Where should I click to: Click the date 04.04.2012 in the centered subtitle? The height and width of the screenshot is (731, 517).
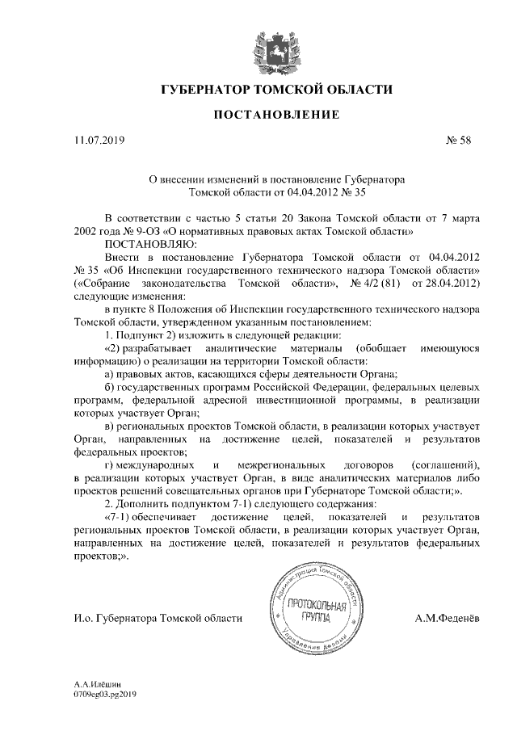[302, 194]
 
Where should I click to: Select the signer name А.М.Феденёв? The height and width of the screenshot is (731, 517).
[445, 619]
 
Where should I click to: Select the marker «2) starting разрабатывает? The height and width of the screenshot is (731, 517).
[114, 347]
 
